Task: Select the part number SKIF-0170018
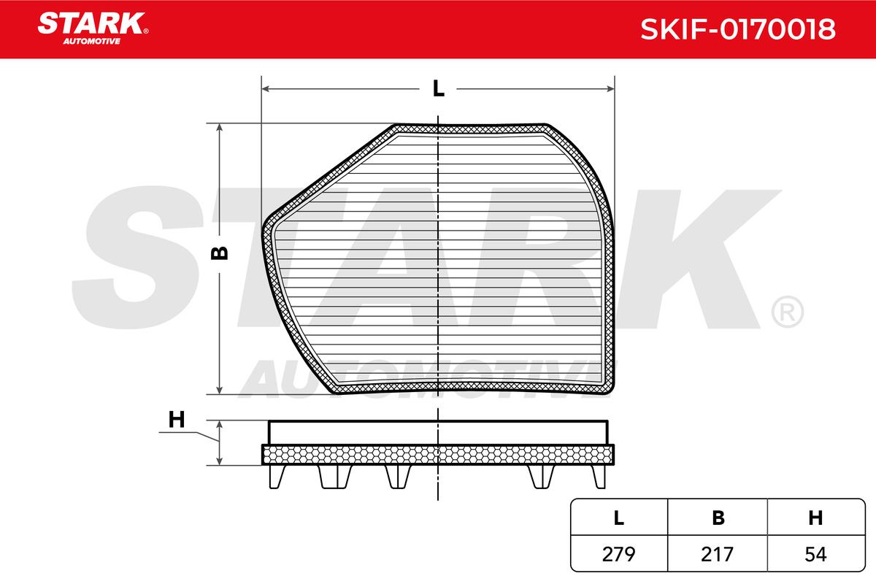click(737, 29)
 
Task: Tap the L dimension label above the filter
click(439, 89)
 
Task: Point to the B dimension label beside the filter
click(220, 253)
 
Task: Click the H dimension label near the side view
click(177, 420)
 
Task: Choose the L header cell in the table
click(619, 518)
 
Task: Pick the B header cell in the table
click(718, 518)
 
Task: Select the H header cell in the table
click(816, 518)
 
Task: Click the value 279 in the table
click(619, 554)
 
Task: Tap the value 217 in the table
click(717, 554)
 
